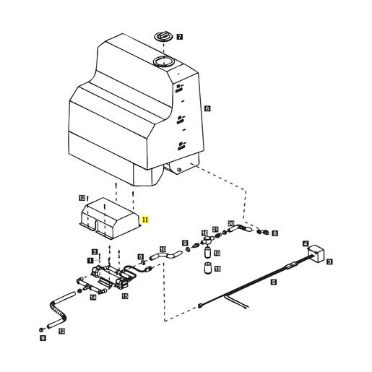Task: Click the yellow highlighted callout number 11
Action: click(145, 220)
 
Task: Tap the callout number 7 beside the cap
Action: click(180, 37)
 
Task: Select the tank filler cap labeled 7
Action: click(163, 37)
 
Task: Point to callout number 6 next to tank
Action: click(207, 108)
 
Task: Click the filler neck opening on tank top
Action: click(163, 61)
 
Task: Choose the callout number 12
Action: click(82, 198)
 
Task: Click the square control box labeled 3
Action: click(316, 253)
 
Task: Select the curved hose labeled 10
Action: click(166, 256)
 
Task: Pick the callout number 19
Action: click(217, 269)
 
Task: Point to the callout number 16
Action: click(204, 233)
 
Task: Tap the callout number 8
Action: click(274, 233)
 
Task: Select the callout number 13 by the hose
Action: click(62, 332)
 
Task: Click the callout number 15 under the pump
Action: click(125, 296)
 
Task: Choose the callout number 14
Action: click(93, 298)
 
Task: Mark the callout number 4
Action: click(306, 243)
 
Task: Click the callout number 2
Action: click(95, 252)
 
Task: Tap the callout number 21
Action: click(215, 229)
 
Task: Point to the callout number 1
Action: click(90, 261)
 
